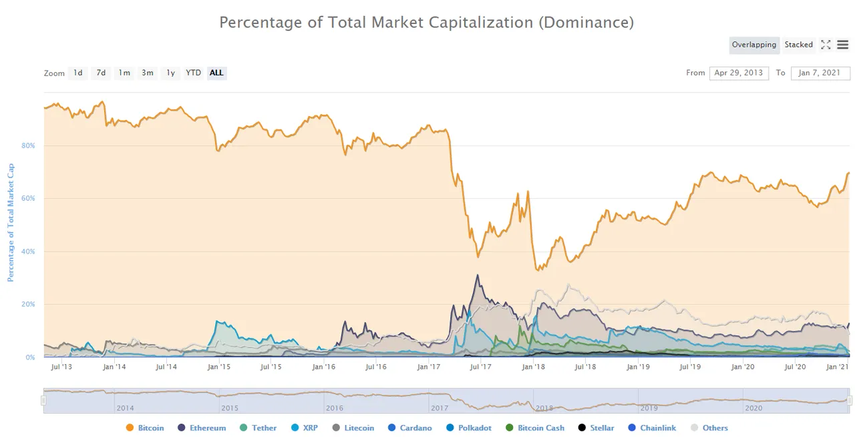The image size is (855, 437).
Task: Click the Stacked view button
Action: click(798, 45)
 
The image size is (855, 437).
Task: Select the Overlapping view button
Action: click(754, 45)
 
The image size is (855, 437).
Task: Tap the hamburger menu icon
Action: click(843, 45)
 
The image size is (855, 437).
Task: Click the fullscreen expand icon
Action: click(826, 45)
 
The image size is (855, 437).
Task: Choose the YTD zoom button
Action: click(193, 73)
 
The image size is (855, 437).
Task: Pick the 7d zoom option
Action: click(101, 73)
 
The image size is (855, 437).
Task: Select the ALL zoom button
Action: click(216, 73)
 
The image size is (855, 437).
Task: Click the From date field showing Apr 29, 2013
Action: click(739, 73)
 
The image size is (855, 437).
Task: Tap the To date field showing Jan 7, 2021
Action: click(820, 73)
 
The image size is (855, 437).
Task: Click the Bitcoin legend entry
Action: click(145, 428)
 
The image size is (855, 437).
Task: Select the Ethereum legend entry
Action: click(202, 428)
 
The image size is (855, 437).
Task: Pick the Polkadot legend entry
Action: click(469, 428)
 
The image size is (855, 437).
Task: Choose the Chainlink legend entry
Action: click(652, 428)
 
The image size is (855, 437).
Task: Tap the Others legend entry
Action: click(709, 428)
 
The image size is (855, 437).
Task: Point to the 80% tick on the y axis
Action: click(28, 145)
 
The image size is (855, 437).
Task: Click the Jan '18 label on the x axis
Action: click(533, 367)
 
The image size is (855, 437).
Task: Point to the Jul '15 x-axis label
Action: click(271, 367)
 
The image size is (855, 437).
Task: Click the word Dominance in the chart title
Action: click(586, 23)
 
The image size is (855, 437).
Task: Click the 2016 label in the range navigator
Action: click(335, 408)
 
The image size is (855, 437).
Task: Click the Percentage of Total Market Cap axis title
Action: click(11, 223)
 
